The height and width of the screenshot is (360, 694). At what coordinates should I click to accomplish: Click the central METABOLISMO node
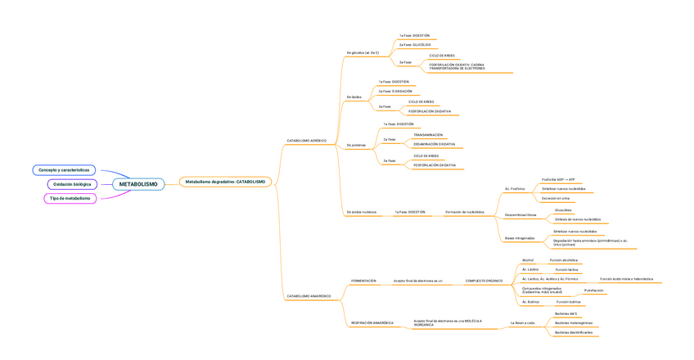click(138, 184)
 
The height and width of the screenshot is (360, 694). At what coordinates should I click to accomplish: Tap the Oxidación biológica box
click(72, 184)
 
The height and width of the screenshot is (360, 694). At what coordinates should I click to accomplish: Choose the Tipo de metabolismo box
click(70, 198)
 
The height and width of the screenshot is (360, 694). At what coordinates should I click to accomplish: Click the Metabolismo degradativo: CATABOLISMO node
click(225, 182)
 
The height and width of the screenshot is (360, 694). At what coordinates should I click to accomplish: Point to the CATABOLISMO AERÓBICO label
click(306, 141)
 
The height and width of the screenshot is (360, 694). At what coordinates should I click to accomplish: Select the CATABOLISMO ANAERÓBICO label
click(309, 296)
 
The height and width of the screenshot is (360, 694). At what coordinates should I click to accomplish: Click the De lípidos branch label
click(354, 97)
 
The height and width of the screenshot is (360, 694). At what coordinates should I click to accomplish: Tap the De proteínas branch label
click(356, 145)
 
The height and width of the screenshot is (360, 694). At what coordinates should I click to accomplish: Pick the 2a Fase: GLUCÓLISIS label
click(415, 45)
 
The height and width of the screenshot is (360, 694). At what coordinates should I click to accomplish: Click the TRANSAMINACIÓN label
click(428, 135)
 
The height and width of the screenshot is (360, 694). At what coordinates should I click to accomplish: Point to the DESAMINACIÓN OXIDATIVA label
click(435, 144)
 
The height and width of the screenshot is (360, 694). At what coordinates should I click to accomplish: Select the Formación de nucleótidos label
click(465, 212)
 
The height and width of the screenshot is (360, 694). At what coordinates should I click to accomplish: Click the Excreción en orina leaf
click(556, 198)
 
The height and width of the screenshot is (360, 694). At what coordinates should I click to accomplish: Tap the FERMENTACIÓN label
click(363, 281)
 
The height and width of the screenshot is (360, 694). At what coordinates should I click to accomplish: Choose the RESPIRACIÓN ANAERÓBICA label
click(372, 323)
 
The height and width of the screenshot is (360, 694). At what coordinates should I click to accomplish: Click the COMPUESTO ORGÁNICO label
click(484, 281)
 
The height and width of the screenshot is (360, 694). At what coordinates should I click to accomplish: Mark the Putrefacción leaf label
click(594, 290)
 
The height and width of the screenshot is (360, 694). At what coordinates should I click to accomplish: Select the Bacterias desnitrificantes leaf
click(574, 333)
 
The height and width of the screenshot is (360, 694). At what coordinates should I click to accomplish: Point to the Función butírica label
click(569, 302)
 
